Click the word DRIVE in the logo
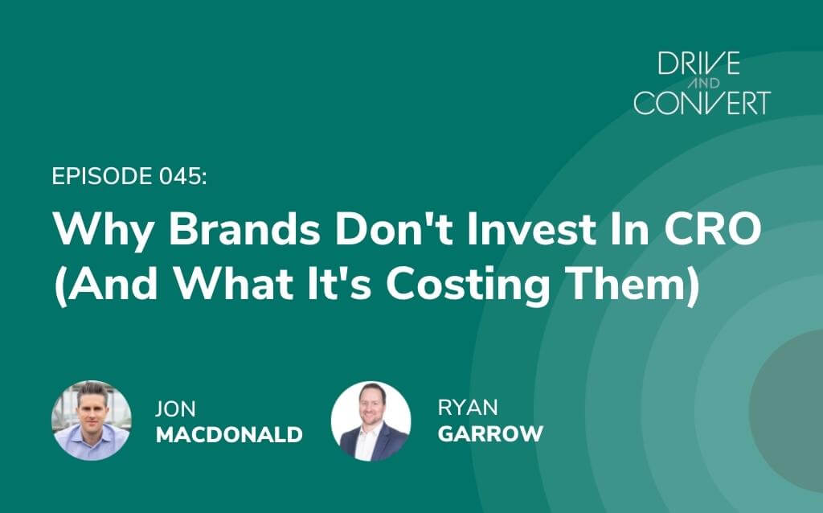click(x=699, y=63)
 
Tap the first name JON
click(x=175, y=409)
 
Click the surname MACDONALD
click(x=229, y=435)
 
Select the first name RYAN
click(x=468, y=408)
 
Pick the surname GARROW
click(x=490, y=433)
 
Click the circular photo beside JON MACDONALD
click(x=92, y=421)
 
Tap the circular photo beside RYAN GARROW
click(x=371, y=421)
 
